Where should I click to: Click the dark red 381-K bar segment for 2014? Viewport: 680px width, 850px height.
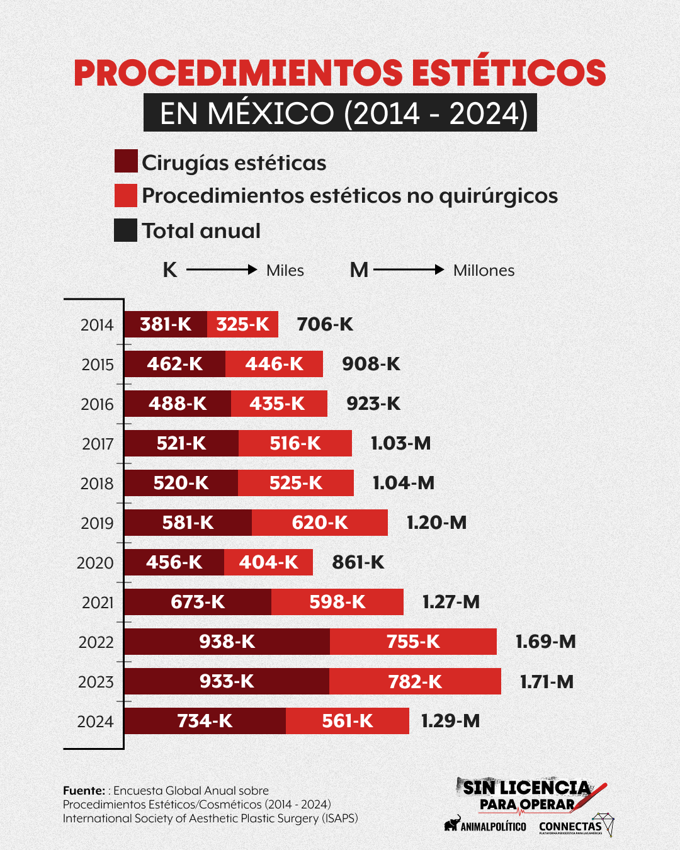(166, 324)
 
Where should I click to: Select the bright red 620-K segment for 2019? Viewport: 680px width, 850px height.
(320, 523)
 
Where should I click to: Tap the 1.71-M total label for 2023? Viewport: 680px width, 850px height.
(547, 682)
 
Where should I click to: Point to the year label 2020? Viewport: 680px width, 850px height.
(95, 563)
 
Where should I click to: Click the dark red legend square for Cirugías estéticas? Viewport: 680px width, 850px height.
(126, 161)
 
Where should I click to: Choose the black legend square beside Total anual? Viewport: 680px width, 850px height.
(126, 230)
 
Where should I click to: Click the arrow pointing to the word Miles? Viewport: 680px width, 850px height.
(222, 269)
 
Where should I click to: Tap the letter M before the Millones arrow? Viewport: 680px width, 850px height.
(359, 270)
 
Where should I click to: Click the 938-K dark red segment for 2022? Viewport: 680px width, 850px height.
(227, 642)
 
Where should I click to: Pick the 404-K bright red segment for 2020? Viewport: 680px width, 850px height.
(268, 562)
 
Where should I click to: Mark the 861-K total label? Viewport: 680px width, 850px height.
(358, 562)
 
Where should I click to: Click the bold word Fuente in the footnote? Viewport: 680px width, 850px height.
(84, 790)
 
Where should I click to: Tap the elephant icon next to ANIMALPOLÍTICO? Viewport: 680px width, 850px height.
(451, 824)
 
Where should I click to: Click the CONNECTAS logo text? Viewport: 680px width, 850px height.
(570, 826)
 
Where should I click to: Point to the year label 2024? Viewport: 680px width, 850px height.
(95, 722)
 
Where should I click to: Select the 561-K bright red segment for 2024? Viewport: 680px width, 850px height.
(348, 721)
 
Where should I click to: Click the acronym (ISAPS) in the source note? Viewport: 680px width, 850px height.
(340, 819)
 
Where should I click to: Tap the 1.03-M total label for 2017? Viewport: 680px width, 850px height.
(400, 443)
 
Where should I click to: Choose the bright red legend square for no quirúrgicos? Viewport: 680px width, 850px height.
(126, 195)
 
